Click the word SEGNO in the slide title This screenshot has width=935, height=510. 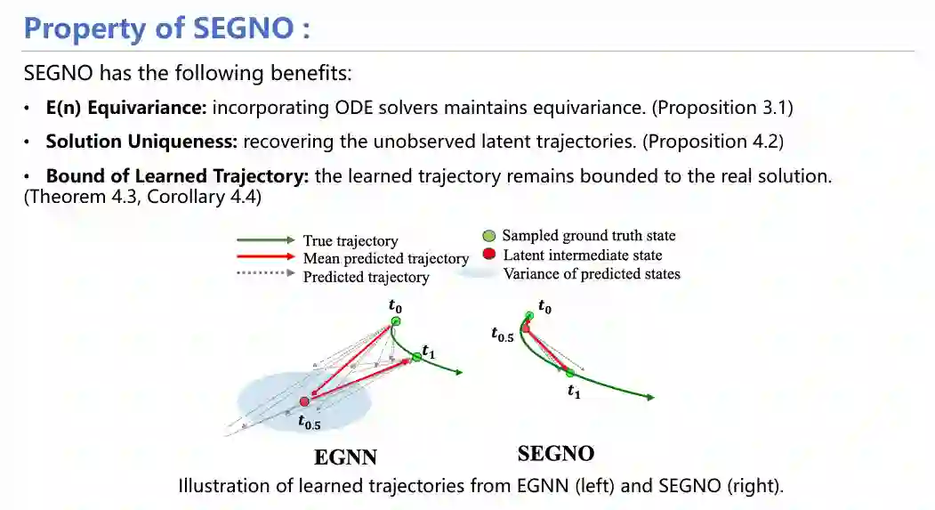[x=240, y=28]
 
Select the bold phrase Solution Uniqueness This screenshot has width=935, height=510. [x=141, y=142]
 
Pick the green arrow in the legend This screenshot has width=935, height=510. [x=265, y=240]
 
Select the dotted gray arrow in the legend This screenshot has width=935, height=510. [x=265, y=276]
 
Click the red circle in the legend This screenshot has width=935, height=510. [x=488, y=255]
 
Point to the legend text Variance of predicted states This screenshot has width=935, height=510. [x=592, y=274]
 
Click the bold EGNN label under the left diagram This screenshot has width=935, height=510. [x=345, y=457]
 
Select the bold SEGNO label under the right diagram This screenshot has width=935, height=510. [x=556, y=454]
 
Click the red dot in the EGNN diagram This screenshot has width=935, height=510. [x=305, y=401]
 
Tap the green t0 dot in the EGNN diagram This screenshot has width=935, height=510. [x=396, y=321]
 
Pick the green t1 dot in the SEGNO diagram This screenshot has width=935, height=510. [x=569, y=372]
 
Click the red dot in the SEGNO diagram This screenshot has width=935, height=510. [x=526, y=328]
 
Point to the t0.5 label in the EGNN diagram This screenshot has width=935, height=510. [x=309, y=424]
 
